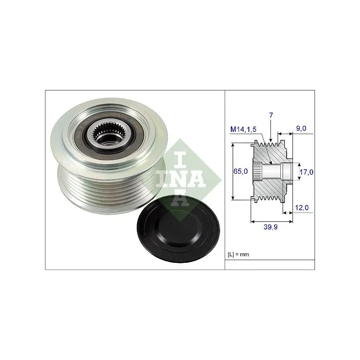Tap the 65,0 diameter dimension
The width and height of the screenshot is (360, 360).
(x=242, y=171)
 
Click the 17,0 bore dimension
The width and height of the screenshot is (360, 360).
(x=306, y=171)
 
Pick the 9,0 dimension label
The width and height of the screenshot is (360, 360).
(x=301, y=128)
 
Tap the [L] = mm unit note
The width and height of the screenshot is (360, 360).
(x=239, y=255)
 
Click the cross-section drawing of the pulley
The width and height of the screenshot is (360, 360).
(x=270, y=171)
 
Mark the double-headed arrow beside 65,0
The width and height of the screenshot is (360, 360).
(x=233, y=171)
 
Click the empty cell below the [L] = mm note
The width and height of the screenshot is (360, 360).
(x=270, y=265)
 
